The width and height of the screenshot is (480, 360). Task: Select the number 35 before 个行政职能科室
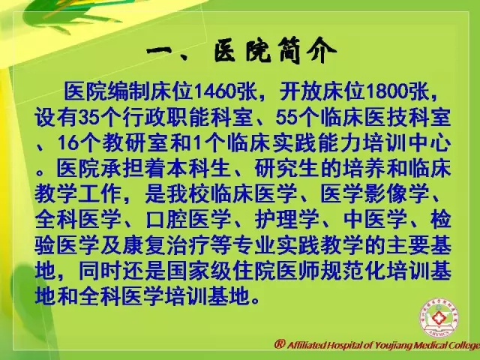tap(88, 118)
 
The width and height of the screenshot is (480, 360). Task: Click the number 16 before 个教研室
tap(68, 143)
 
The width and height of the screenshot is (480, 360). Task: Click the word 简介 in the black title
tap(307, 51)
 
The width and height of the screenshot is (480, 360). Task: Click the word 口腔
tap(166, 220)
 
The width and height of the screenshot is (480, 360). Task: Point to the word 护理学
tap(286, 220)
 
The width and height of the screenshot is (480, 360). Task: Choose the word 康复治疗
tap(166, 246)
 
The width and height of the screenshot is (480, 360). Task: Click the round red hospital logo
tap(438, 318)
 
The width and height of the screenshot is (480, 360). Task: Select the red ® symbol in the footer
tap(280, 344)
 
